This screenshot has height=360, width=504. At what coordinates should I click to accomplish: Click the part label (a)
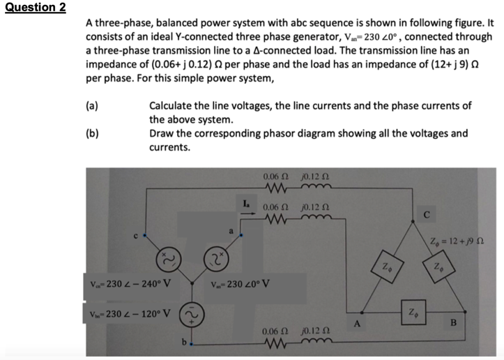[x=91, y=106]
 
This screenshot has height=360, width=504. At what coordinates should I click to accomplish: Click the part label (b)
[x=91, y=133]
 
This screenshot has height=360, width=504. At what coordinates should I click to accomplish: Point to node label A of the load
[x=356, y=322]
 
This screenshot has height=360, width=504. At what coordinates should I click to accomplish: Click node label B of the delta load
[x=452, y=322]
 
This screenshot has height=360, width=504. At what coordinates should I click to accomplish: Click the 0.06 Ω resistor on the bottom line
[x=274, y=343]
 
